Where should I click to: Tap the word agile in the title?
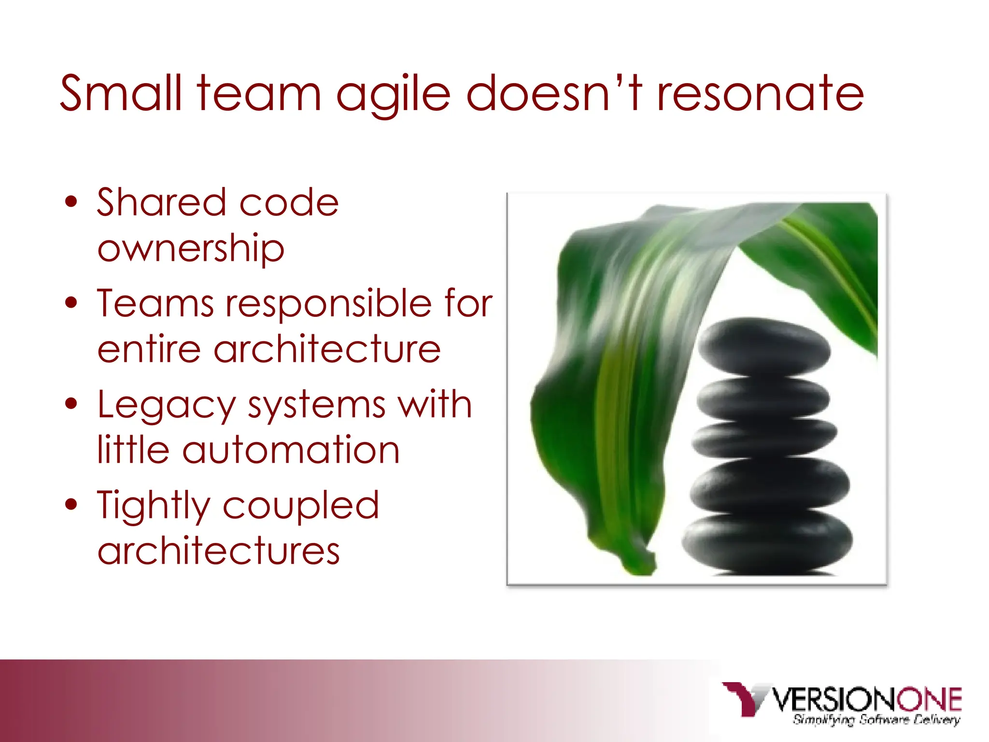[x=394, y=94]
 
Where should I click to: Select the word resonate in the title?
[x=760, y=94]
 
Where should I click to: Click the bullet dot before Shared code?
[x=71, y=202]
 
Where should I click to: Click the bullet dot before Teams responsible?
[x=71, y=303]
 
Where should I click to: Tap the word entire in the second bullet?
[x=149, y=349]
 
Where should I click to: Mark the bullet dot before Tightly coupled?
[x=71, y=504]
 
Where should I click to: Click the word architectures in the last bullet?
[x=218, y=550]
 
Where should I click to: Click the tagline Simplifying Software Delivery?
[x=876, y=720]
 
